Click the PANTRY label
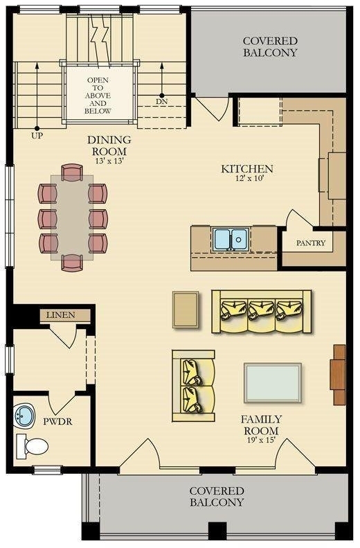coord(310,243)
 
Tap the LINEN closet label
coord(61,315)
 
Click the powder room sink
coord(24,416)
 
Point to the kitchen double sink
coord(231,240)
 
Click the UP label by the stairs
coord(37,136)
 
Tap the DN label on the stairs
coord(162,102)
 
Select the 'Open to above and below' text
coord(98,96)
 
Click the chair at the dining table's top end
coord(72,173)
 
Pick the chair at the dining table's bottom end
coord(72,263)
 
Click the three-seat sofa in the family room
coord(262,312)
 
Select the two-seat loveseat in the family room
coord(193,386)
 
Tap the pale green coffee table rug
coord(273,383)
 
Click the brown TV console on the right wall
coord(338,375)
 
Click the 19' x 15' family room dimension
coord(261,441)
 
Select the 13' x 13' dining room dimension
coord(109,161)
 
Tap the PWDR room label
coord(57,422)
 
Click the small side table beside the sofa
coord(186,310)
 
